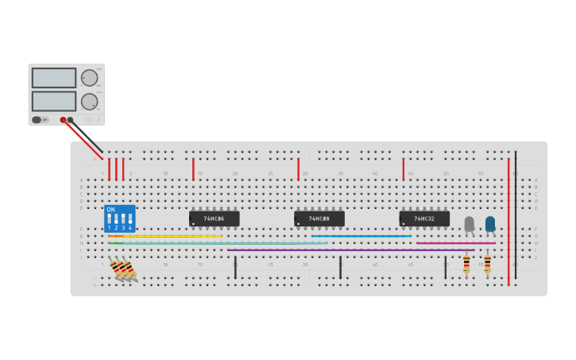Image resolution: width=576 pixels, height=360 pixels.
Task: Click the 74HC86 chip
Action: (214, 219)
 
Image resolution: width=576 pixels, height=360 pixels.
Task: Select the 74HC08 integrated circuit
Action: (319, 219)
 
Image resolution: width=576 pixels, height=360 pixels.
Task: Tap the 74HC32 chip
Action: (424, 219)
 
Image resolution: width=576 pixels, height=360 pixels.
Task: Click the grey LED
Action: (469, 224)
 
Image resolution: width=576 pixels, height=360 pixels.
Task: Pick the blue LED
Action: (490, 224)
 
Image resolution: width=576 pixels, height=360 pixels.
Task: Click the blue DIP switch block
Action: (119, 219)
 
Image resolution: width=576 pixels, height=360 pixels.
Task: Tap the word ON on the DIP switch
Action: (110, 210)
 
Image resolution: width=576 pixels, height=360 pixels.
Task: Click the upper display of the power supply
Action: (54, 78)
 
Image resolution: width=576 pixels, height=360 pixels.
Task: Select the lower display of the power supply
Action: (54, 101)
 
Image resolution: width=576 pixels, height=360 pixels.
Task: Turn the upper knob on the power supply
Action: (89, 78)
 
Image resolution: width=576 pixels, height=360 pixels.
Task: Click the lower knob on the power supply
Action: (89, 101)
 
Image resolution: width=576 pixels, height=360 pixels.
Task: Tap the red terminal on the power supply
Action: (63, 120)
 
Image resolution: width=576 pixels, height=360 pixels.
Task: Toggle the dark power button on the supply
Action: (37, 120)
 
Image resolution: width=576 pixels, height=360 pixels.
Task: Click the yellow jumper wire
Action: (167, 236)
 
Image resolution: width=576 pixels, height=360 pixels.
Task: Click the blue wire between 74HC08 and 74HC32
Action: (361, 236)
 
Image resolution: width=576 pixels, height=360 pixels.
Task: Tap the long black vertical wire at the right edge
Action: (516, 215)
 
